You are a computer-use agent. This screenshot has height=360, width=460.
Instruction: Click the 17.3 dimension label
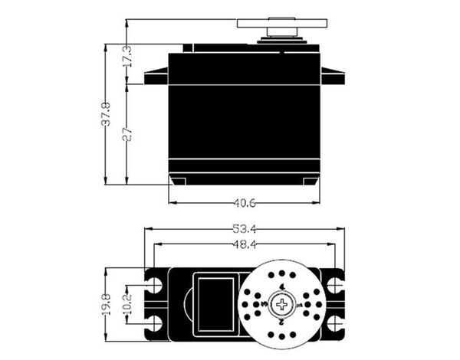point(127,56)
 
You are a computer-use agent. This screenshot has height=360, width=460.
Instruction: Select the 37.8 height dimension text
point(106,114)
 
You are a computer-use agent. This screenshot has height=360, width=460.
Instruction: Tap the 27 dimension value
point(127,135)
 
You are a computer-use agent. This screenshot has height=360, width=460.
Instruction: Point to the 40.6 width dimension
point(245,203)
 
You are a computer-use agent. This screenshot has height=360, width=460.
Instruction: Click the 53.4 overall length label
point(245,229)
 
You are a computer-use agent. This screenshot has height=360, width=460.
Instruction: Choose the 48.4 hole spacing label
point(245,244)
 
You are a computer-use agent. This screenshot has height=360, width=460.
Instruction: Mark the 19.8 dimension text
point(106,305)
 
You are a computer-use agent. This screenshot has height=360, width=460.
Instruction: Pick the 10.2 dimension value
point(127,305)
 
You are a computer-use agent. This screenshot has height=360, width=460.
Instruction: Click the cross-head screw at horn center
point(282,305)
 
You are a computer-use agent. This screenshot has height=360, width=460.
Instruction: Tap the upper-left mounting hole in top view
point(155,284)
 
